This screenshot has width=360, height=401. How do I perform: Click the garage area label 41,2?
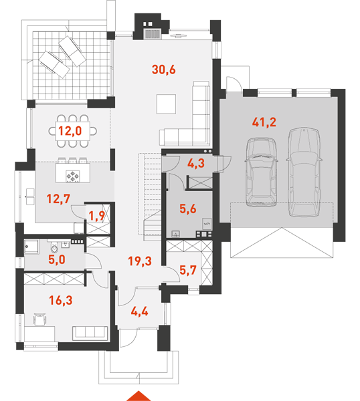pyautogui.click(x=264, y=122)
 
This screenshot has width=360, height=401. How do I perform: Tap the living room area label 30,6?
pyautogui.click(x=164, y=70)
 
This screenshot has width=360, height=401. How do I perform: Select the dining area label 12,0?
pyautogui.click(x=70, y=131)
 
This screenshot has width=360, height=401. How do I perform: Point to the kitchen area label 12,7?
pyautogui.click(x=58, y=198)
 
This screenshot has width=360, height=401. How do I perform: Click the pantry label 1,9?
pyautogui.click(x=97, y=216)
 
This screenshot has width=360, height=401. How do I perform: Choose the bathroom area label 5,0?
pyautogui.click(x=57, y=260)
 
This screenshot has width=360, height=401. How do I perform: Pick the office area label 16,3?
pyautogui.click(x=61, y=300)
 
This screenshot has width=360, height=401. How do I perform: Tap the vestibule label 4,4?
pyautogui.click(x=140, y=311)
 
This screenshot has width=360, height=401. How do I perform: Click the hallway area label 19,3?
pyautogui.click(x=140, y=261)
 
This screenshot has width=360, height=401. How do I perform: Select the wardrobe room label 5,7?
pyautogui.click(x=188, y=270)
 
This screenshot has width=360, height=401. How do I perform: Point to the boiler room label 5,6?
pyautogui.click(x=188, y=209)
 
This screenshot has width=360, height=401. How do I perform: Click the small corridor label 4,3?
pyautogui.click(x=196, y=164)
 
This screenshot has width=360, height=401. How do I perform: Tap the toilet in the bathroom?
pyautogui.click(x=55, y=247)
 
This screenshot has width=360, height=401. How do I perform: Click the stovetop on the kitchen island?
pyautogui.click(x=73, y=176)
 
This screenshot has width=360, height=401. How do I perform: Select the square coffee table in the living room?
pyautogui.click(x=166, y=104)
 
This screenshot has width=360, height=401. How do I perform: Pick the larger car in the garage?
pyautogui.click(x=304, y=172)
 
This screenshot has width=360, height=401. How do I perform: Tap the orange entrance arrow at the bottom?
pyautogui.click(x=139, y=396)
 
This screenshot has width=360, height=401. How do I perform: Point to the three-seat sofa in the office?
pyautogui.click(x=90, y=333)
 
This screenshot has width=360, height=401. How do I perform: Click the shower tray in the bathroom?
pyautogui.click(x=31, y=247)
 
